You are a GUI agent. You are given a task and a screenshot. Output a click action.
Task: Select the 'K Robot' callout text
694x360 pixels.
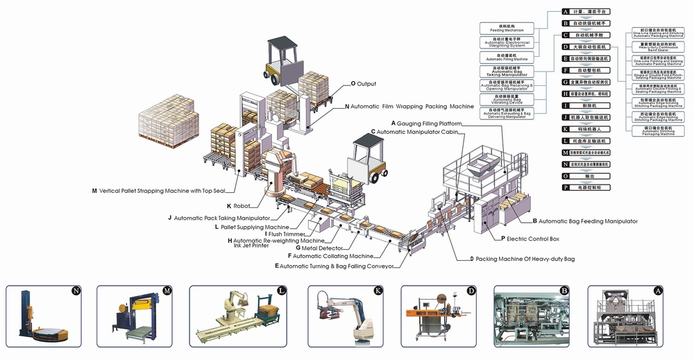(239, 205)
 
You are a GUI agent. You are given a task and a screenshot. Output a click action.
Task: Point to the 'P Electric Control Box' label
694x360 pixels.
(530, 238)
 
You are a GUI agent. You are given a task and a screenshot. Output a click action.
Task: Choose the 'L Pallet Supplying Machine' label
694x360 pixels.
(252, 227)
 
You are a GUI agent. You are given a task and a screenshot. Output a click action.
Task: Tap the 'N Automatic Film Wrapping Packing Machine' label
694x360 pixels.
(409, 107)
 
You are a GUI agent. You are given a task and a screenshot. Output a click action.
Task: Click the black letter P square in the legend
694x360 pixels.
(566, 187)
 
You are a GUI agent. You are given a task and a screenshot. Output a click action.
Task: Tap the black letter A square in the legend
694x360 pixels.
(566, 12)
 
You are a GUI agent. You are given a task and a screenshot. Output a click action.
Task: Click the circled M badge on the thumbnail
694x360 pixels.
(166, 291)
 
